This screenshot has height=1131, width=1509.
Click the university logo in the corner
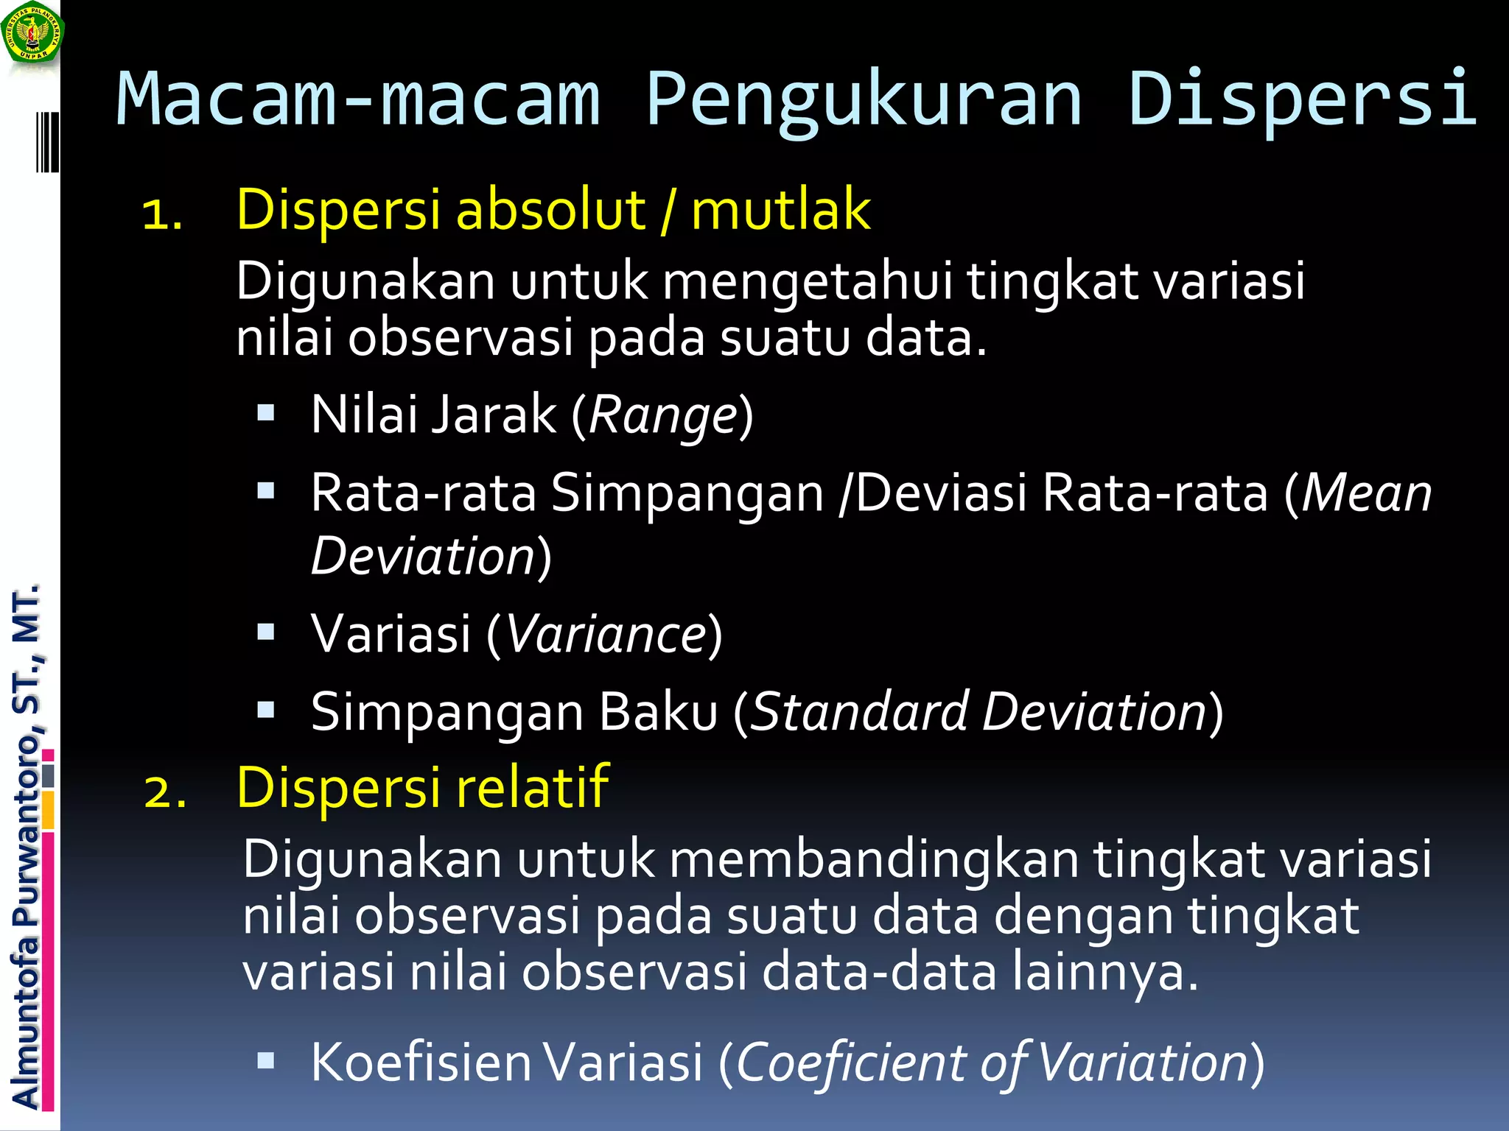coord(32,33)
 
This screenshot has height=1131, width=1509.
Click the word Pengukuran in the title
coord(864,99)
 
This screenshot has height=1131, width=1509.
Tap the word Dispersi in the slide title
coord(1302,99)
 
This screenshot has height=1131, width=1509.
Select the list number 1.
coord(162,214)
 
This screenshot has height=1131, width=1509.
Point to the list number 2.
coord(165,792)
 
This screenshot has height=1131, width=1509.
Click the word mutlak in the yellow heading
coord(781,210)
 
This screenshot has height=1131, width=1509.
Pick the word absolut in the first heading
coord(551,210)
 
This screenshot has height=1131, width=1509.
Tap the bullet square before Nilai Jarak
coord(266,412)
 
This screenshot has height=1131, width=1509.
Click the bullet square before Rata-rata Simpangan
coord(266,491)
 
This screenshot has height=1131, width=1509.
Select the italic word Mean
coord(1366,493)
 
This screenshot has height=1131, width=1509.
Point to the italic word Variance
coord(607,634)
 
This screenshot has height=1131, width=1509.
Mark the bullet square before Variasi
coord(266,632)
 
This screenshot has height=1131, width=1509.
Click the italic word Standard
coord(859,712)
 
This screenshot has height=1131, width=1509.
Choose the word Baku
coord(658,712)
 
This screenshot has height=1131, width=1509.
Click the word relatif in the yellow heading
coord(533,787)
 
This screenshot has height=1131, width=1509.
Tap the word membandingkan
coord(874,859)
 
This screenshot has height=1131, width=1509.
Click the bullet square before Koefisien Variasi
coord(266,1060)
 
